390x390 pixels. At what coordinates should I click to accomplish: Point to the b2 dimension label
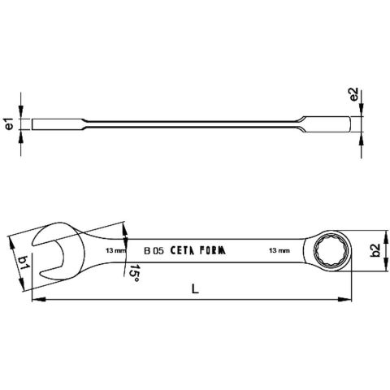click(375, 251)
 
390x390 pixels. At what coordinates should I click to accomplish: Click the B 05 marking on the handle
click(154, 251)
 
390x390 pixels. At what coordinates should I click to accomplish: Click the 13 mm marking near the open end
click(115, 252)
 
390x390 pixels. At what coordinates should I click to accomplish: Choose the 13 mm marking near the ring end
click(279, 252)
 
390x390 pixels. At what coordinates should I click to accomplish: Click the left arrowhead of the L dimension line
click(34, 302)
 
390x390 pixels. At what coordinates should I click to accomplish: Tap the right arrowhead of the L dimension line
click(347, 302)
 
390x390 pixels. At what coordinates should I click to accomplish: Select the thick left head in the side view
click(49, 124)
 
